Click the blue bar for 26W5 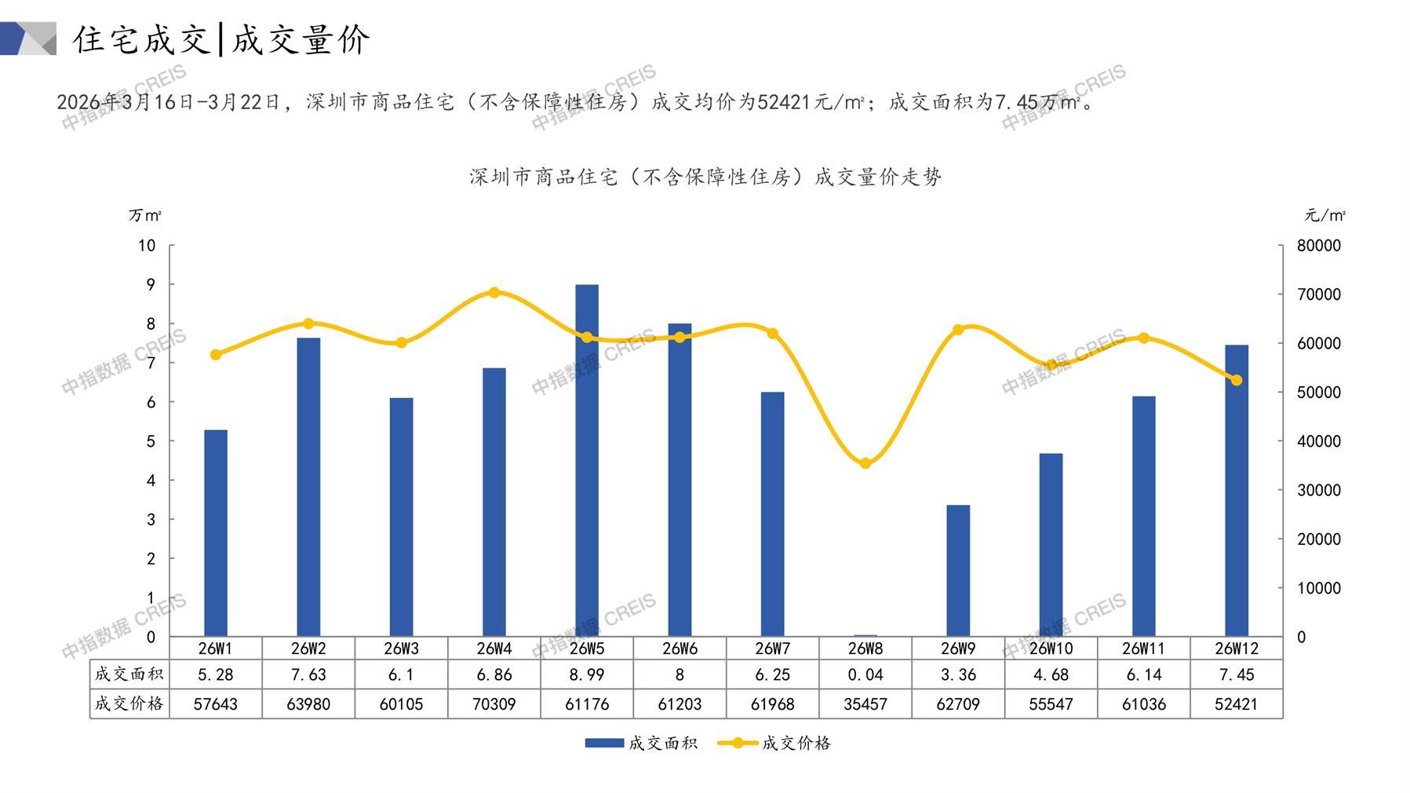coord(587,460)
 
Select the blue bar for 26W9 coord(958,570)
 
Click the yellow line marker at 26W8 coord(865,463)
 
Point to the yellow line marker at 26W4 coord(494,293)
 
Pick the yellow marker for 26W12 coord(1237,380)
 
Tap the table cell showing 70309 coord(494,704)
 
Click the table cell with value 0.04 coord(865,674)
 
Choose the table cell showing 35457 coord(865,704)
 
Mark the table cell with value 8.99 coord(587,674)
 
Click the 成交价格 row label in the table coord(129,704)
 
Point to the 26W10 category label coord(1051,649)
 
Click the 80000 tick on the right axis coord(1319,246)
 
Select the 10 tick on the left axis coord(147,246)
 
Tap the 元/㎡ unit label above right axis coord(1324,215)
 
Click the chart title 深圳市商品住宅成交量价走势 coord(705,177)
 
